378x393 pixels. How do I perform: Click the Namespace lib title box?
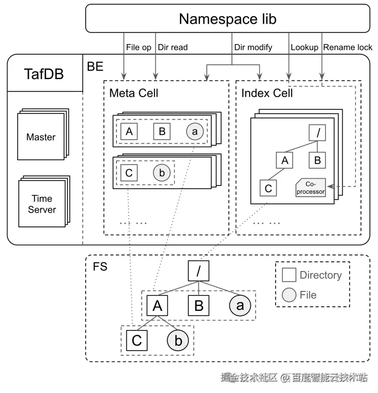pyautogui.click(x=228, y=18)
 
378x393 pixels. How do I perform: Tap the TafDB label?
pyautogui.click(x=44, y=74)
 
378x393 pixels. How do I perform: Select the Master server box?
pyautogui.click(x=41, y=137)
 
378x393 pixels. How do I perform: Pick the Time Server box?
pyautogui.click(x=42, y=204)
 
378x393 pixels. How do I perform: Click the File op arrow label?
pyautogui.click(x=139, y=47)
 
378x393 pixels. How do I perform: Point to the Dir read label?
pyautogui.click(x=173, y=47)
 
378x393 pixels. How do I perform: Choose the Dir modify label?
pyautogui.click(x=253, y=47)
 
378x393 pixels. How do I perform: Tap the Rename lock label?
pyautogui.click(x=348, y=47)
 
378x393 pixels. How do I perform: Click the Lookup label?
pyautogui.click(x=304, y=47)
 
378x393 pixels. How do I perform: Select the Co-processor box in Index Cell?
pyautogui.click(x=311, y=187)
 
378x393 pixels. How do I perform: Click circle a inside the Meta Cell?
pyautogui.click(x=195, y=132)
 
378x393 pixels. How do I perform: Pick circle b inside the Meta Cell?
pyautogui.click(x=162, y=173)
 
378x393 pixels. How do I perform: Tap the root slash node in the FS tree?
pyautogui.click(x=198, y=271)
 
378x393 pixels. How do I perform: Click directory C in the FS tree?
pyautogui.click(x=137, y=340)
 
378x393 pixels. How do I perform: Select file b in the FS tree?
pyautogui.click(x=178, y=340)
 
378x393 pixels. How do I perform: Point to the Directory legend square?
pyautogui.click(x=289, y=275)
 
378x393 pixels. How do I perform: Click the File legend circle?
pyautogui.click(x=289, y=295)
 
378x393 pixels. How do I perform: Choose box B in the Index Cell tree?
pyautogui.click(x=317, y=160)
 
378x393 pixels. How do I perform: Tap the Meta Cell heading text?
pyautogui.click(x=134, y=93)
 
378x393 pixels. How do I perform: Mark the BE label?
pyautogui.click(x=95, y=67)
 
